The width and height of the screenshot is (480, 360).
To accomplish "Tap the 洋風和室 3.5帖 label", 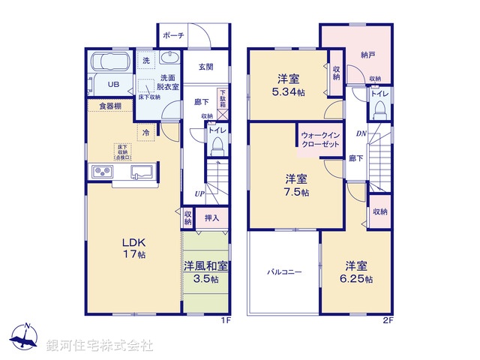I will (x=205, y=272).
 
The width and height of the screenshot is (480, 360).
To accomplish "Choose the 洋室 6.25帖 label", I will (x=356, y=272).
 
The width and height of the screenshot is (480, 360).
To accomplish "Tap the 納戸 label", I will (x=367, y=55).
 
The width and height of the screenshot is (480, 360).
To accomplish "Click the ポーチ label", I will (x=173, y=34).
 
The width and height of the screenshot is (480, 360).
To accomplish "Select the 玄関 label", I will (x=205, y=67).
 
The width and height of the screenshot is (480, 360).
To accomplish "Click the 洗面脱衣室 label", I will (x=169, y=82).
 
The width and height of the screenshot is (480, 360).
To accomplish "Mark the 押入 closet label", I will (x=211, y=218).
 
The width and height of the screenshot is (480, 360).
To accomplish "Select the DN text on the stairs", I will (x=360, y=133).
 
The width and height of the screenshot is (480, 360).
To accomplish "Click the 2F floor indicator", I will (x=388, y=320).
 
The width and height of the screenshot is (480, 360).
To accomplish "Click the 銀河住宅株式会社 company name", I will (x=100, y=346).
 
